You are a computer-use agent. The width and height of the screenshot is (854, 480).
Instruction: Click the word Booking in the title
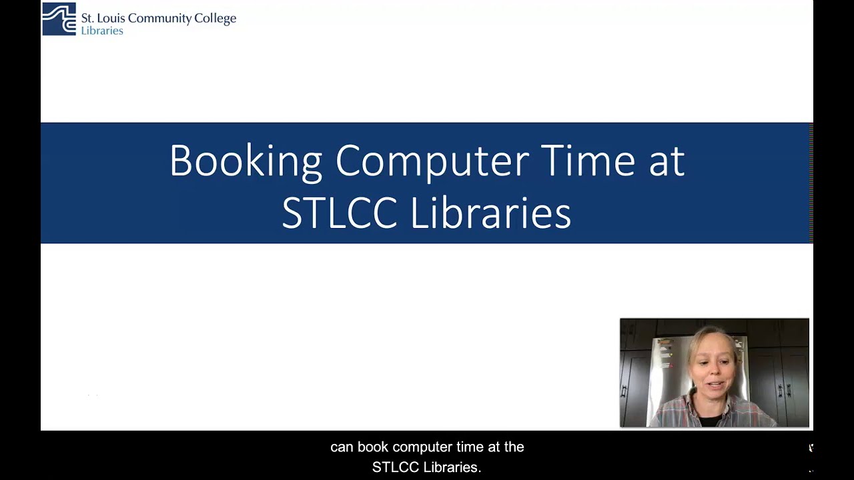pyautogui.click(x=246, y=161)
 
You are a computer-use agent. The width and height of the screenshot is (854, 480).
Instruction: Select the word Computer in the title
pyautogui.click(x=432, y=161)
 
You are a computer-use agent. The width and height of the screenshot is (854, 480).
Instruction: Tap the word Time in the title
pyautogui.click(x=587, y=161)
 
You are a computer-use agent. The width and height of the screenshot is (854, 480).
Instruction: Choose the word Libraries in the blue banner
pyautogui.click(x=490, y=213)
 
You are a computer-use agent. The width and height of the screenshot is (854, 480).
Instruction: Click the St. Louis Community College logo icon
pyautogui.click(x=59, y=19)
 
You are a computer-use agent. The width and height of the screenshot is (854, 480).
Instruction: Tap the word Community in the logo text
pyautogui.click(x=159, y=19)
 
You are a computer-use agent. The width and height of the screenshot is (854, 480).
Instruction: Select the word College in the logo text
pyautogui.click(x=215, y=19)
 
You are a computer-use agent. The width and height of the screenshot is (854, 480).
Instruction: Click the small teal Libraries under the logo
pyautogui.click(x=102, y=31)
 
